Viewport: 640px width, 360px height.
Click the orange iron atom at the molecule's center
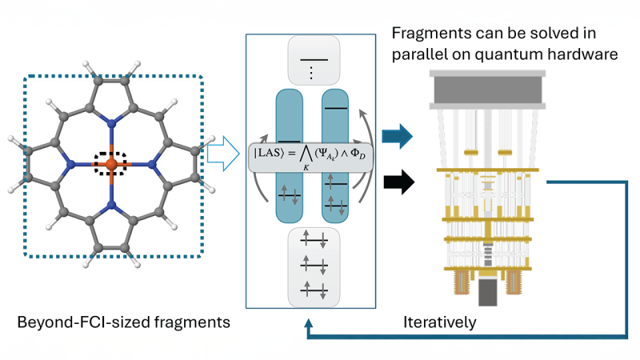pos(111,165)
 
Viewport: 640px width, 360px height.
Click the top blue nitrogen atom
pos(111,122)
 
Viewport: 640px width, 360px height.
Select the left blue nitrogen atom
pos(70,165)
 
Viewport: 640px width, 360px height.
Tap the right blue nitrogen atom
pos(152,165)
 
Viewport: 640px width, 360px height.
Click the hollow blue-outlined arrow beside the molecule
pos(223,154)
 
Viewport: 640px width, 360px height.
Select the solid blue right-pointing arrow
pos(397,136)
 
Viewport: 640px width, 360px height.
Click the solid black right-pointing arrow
pos(398,182)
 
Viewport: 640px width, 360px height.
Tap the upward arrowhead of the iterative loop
pos(309,324)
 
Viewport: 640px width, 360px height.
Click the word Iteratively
pos(439,322)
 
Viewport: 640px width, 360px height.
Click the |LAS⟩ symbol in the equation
pos(268,153)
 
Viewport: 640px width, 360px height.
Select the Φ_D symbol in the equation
pos(358,154)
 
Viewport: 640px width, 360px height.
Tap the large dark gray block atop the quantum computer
pos(488,90)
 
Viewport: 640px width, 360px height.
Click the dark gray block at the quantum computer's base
pos(487,292)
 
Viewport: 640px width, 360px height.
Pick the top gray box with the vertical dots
pos(314,61)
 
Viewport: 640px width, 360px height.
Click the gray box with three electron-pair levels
pos(314,267)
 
